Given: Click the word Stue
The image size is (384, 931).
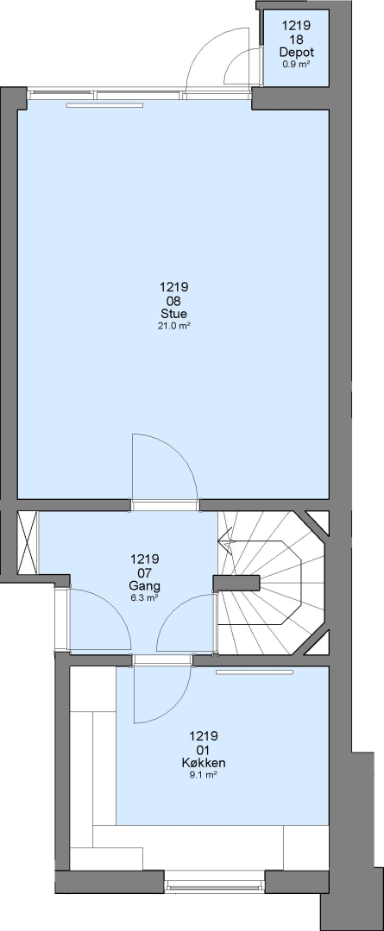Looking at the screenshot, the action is click(173, 314).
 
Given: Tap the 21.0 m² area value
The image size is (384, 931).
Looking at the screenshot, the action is click(173, 326).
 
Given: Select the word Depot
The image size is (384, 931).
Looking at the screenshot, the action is click(296, 53).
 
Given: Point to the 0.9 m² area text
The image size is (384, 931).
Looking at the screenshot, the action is click(296, 64).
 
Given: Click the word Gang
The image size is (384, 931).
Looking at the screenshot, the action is click(144, 585).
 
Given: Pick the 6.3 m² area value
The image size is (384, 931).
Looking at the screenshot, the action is click(144, 598).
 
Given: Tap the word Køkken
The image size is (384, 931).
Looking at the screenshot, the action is click(204, 763).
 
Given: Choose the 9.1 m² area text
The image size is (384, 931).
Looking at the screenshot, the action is click(204, 775).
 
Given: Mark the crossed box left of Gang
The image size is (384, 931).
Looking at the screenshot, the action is click(28, 543).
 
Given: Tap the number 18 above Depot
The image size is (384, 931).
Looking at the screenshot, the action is click(296, 39).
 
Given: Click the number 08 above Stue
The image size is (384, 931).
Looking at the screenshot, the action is click(173, 301).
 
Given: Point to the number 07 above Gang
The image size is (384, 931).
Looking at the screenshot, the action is click(144, 572).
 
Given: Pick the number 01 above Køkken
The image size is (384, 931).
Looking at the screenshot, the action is click(204, 750).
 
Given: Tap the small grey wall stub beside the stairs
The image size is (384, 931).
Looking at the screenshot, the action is click(236, 584).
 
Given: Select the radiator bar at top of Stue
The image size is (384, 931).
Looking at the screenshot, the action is click(104, 105).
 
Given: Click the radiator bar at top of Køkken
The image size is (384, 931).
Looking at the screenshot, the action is click(255, 672).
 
